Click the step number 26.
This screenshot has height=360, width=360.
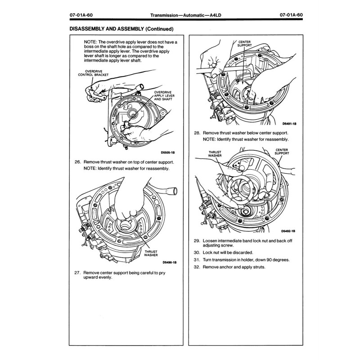[75, 162]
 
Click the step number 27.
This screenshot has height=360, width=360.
[75, 272]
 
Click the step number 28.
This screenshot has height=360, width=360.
[196, 134]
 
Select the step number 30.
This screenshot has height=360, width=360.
[196, 252]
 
